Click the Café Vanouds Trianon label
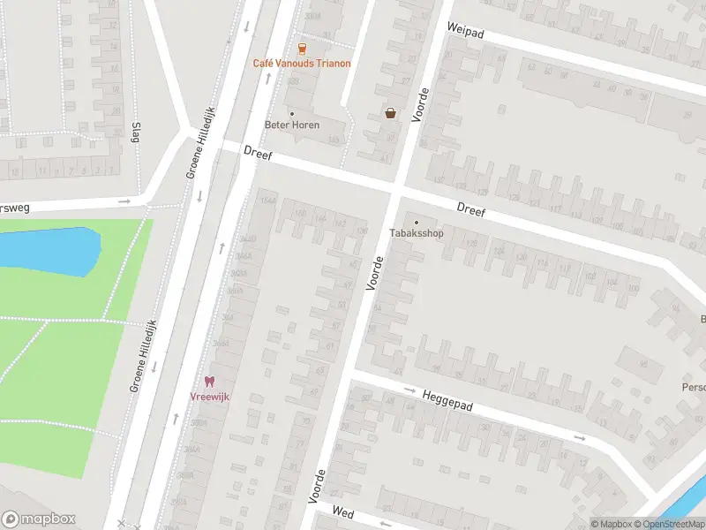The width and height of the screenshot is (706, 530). (x=301, y=63)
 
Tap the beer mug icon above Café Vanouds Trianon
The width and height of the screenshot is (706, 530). (x=302, y=48)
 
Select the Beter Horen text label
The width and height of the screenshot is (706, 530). (x=292, y=125)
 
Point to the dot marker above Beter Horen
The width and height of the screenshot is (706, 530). (x=292, y=113)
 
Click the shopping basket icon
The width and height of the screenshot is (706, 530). (x=390, y=113)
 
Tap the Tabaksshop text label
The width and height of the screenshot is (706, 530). (x=417, y=234)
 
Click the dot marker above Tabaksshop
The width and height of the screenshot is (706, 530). (x=417, y=223)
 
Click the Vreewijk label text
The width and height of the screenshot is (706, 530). (x=209, y=397)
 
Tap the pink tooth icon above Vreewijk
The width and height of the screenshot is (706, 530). (x=209, y=382)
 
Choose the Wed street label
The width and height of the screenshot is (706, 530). (x=342, y=512)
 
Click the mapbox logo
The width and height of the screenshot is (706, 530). (x=39, y=519)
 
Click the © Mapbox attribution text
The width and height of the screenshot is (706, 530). (x=611, y=524)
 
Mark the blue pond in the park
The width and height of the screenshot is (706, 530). (x=49, y=249)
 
